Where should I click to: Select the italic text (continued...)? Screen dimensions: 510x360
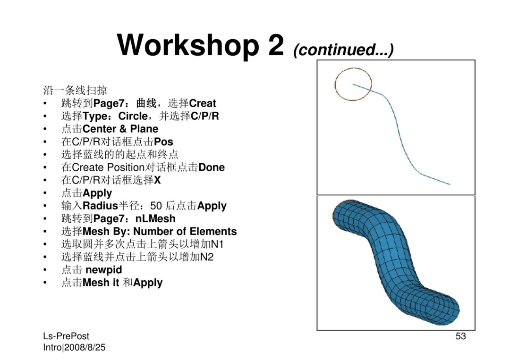[343, 50]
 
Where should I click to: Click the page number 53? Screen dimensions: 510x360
[460, 336]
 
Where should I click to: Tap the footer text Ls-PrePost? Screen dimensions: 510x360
[66, 336]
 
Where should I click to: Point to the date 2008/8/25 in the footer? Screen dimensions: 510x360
[85, 347]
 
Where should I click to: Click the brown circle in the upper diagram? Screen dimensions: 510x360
[335, 84]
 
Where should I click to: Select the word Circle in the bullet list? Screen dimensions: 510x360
[133, 116]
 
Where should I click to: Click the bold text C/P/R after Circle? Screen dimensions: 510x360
[205, 116]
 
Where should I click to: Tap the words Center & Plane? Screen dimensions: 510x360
[120, 129]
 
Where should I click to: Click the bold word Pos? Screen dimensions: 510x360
[163, 142]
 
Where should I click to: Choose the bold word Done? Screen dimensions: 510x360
[212, 167]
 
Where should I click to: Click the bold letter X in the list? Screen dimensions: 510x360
[157, 180]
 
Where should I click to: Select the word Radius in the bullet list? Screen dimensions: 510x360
[100, 206]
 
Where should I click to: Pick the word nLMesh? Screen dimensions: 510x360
[155, 218]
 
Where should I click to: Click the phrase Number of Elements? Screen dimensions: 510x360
[185, 231]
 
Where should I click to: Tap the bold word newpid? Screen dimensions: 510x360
[104, 270]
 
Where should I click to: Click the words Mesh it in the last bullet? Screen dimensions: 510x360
[101, 283]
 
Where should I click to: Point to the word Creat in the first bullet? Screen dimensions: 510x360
[202, 103]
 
